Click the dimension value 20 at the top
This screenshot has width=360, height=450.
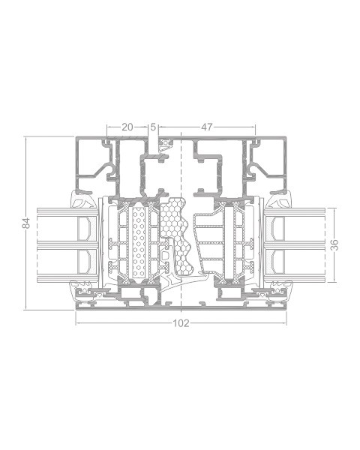coord(127,127)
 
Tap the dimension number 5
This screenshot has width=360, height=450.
coord(153,127)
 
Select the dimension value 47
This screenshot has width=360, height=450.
coord(207,127)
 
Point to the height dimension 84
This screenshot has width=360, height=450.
coord(26,223)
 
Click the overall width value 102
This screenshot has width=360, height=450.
coord(181,323)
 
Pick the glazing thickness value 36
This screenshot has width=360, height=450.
coord(334,244)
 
